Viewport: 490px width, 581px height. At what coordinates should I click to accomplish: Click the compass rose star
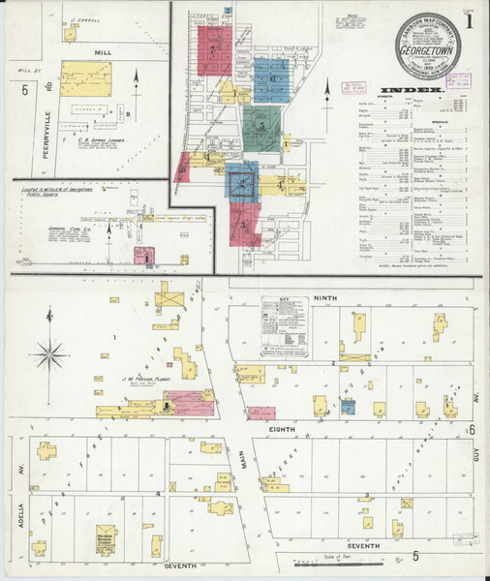click(51, 352)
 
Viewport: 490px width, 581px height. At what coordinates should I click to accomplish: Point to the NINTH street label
click(322, 300)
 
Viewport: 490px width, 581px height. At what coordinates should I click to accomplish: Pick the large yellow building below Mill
click(86, 79)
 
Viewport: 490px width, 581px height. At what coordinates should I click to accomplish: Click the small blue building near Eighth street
click(347, 408)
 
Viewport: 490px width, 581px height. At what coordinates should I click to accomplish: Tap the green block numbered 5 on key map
click(261, 124)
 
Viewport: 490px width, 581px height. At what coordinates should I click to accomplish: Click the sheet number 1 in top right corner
click(469, 18)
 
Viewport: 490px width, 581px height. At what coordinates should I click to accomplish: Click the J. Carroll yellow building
click(71, 34)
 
